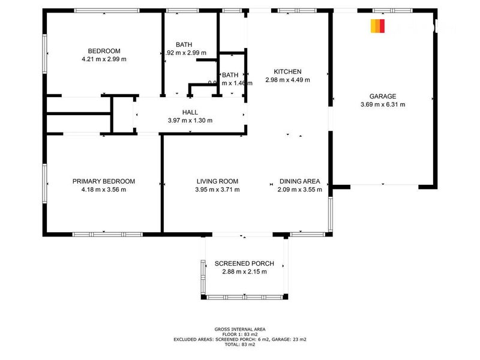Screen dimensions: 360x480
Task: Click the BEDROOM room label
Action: click(104, 50)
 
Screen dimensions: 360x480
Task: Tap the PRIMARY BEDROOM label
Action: click(104, 181)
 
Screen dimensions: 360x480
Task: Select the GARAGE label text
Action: click(382, 96)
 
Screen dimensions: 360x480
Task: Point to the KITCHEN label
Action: click(287, 71)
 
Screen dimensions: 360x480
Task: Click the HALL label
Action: click(190, 112)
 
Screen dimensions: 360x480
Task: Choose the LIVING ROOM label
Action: click(217, 181)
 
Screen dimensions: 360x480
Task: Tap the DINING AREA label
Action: click(299, 181)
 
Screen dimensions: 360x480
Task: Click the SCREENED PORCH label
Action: click(244, 263)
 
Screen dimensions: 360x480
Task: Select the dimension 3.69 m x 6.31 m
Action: click(382, 104)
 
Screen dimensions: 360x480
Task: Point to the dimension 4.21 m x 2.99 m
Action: click(104, 59)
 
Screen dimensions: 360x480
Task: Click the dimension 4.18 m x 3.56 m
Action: click(104, 190)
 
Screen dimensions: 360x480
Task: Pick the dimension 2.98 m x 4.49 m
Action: click(287, 80)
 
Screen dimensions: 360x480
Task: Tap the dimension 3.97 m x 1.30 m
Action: click(190, 121)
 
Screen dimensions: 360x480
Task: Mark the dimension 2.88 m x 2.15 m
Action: click(244, 272)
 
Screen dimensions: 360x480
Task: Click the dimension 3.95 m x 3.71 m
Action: click(217, 190)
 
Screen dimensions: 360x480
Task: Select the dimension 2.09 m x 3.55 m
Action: click(299, 190)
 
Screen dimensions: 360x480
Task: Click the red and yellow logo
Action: click(377, 26)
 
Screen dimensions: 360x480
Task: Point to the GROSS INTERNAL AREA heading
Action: click(239, 329)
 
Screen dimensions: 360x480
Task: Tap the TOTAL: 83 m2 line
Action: click(239, 344)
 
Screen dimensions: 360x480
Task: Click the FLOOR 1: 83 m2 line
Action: click(239, 334)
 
